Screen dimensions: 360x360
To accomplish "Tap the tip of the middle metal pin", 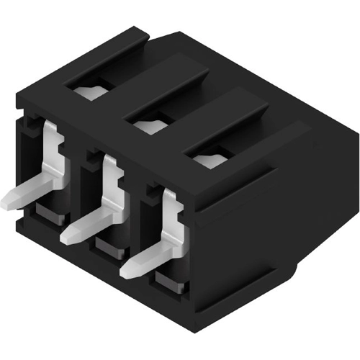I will (x=67, y=234).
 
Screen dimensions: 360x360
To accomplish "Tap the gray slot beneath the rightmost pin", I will (x=170, y=283).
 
